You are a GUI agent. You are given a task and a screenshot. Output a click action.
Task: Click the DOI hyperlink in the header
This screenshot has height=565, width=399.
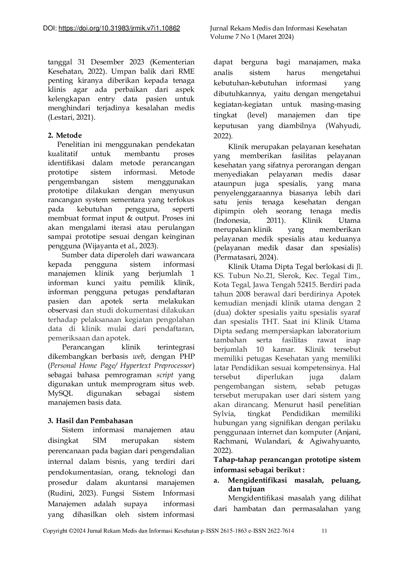pos(119,28)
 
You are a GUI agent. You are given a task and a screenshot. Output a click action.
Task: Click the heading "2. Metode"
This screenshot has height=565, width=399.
pos(65,135)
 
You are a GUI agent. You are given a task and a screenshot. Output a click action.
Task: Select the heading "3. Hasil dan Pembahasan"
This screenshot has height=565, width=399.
pos(90,421)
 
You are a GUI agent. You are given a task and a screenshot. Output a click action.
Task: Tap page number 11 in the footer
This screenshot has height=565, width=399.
pos(325,530)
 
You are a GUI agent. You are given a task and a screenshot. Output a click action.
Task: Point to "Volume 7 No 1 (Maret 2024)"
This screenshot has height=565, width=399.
pos(252,37)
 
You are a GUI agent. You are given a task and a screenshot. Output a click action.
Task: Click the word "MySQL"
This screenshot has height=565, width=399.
pos(60,393)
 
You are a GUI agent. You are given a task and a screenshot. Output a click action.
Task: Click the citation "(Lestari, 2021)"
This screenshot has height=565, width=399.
pos(71,117)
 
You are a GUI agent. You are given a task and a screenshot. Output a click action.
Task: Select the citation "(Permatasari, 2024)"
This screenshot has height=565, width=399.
pos(246,257)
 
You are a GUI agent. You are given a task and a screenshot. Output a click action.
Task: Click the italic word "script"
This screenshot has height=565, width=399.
pos(165,375)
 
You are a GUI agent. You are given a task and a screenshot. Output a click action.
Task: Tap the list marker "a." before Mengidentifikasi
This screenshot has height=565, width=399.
pos(216,480)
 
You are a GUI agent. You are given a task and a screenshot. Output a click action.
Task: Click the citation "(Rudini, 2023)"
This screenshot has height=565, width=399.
pos(72,493)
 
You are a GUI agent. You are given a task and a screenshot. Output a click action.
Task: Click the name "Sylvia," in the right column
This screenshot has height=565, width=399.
pos(224,414)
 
